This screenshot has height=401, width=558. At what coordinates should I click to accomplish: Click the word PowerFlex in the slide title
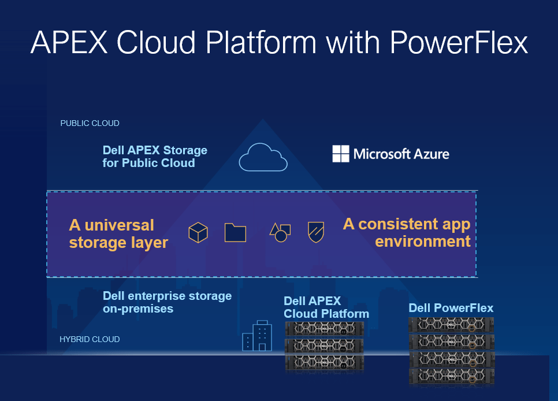(459, 43)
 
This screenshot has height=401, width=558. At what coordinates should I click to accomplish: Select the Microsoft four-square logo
(341, 154)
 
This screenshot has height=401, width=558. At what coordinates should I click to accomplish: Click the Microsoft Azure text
(401, 154)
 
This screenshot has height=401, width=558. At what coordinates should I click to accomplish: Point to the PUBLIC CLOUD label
(90, 123)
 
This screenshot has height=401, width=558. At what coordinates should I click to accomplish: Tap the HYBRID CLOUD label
(90, 339)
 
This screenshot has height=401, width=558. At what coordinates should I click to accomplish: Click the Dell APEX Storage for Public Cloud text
(154, 157)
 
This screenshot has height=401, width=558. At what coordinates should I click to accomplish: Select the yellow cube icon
(198, 232)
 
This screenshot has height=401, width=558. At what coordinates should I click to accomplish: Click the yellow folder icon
(235, 232)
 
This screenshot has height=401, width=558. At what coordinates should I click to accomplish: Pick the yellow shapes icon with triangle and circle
(280, 232)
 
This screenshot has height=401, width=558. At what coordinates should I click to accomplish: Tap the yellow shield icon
(316, 232)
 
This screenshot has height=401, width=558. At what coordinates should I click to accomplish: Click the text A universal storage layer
(118, 233)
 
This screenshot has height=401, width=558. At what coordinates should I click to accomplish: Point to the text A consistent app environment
(407, 232)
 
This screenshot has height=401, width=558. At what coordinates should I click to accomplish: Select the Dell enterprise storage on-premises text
(167, 302)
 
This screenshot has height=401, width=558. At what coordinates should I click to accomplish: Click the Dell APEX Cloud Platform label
(326, 307)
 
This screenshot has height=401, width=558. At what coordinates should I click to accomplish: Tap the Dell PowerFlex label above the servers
(451, 308)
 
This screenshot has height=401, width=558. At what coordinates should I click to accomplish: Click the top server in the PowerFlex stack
(452, 325)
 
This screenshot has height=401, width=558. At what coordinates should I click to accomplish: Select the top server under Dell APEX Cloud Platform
(326, 329)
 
